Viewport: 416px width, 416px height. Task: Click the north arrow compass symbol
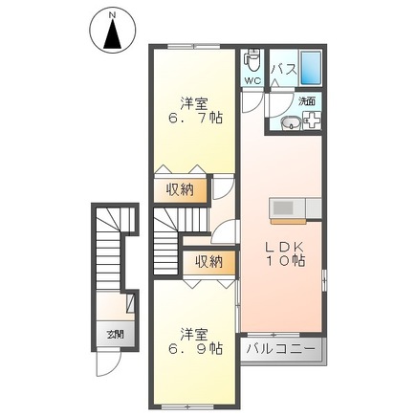point(113,36)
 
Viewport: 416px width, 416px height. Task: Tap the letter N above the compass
point(113,14)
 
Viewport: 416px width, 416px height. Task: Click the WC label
point(251,81)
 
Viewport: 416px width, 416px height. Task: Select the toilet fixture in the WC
point(252,61)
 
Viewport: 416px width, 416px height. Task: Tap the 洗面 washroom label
point(306,99)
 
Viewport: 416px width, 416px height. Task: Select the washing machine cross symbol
point(312,120)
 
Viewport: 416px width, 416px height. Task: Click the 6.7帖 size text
point(197,119)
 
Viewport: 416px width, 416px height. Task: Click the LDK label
point(284,243)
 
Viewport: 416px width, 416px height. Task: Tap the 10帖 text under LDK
point(284,259)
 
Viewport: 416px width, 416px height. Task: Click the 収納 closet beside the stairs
point(210,261)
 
